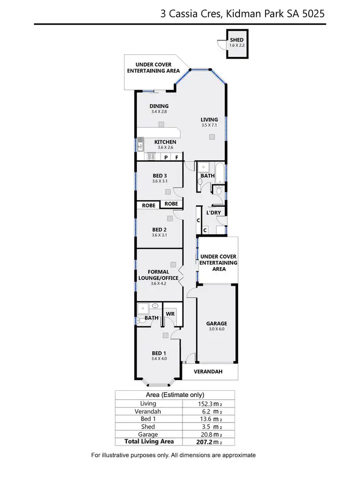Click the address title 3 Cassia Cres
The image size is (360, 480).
(242, 14)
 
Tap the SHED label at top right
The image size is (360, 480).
(236, 40)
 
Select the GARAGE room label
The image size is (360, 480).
(216, 324)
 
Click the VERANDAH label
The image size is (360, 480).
(208, 372)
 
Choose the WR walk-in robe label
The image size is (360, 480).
(169, 314)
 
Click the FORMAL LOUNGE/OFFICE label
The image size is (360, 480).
(159, 275)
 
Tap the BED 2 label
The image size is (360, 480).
(159, 229)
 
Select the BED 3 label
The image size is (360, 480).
(159, 176)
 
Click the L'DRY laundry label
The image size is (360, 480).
(213, 212)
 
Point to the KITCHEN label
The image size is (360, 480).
(165, 142)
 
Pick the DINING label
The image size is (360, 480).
(159, 107)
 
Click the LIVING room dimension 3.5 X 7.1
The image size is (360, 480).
(209, 125)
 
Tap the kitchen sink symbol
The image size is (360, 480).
(141, 143)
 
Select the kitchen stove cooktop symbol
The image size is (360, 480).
(150, 156)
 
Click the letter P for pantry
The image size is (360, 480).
(166, 157)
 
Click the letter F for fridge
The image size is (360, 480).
(177, 157)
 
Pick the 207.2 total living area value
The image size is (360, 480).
(202, 441)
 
